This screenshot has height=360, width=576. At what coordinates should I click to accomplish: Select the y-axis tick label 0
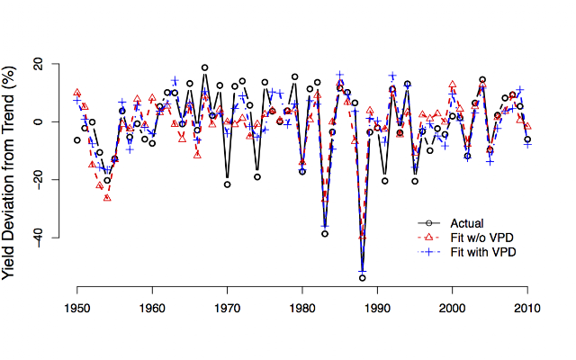pyautogui.click(x=42, y=121)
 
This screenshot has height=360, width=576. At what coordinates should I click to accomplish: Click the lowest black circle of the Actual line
pyautogui.click(x=363, y=278)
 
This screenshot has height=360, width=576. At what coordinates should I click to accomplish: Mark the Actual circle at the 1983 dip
pyautogui.click(x=325, y=233)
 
